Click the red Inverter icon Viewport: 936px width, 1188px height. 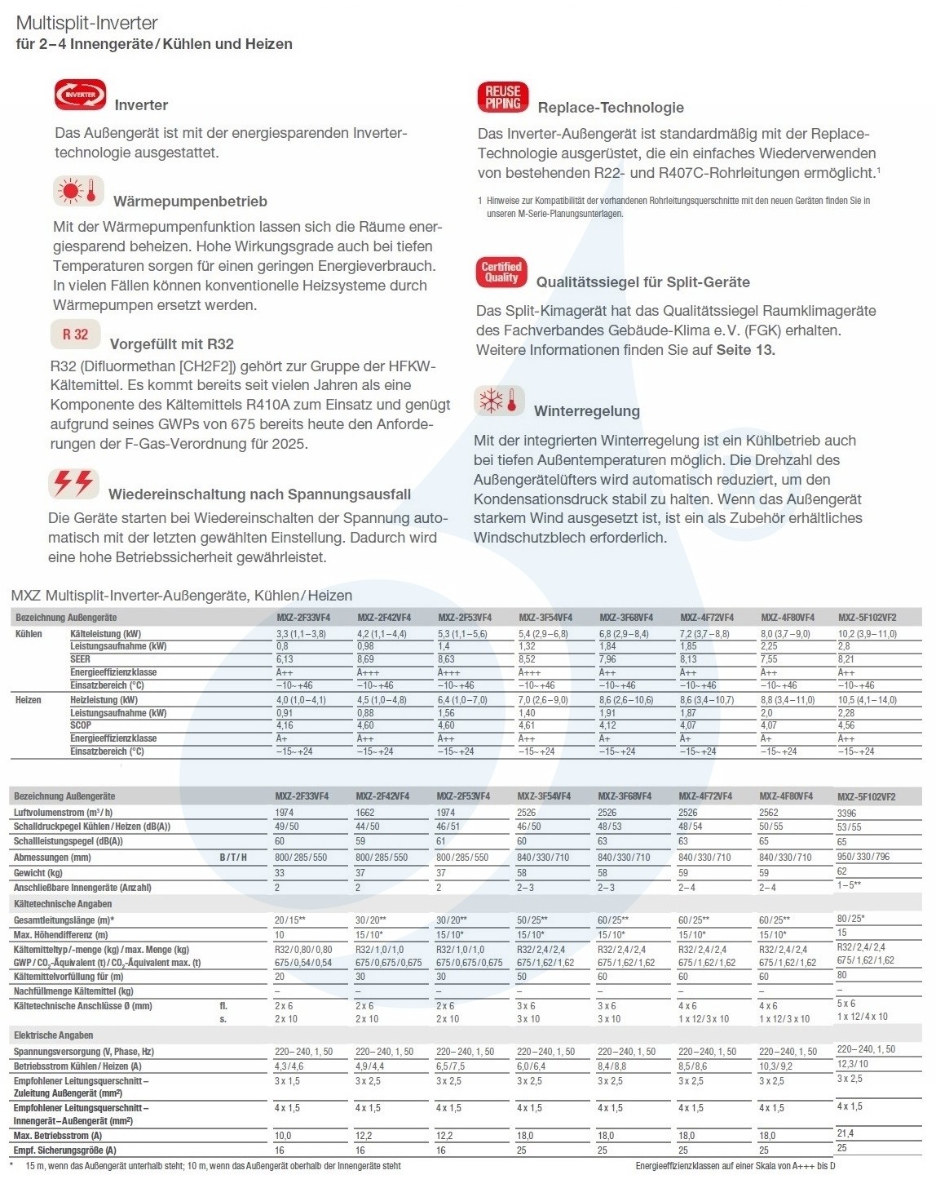(x=80, y=95)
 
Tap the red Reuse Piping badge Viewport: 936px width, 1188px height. (x=503, y=98)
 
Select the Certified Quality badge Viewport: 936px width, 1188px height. (x=501, y=273)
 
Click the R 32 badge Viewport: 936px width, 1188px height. (x=75, y=334)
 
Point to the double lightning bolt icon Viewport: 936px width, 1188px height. (x=73, y=484)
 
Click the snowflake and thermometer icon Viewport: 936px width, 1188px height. (x=499, y=401)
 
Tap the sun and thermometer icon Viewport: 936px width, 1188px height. (x=79, y=191)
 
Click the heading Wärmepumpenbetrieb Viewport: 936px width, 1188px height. (x=190, y=202)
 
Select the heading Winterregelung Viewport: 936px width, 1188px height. (x=586, y=411)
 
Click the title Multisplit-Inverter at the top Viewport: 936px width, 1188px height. (x=87, y=23)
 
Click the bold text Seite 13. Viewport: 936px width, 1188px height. (x=745, y=350)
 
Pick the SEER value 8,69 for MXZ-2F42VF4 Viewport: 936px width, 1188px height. (x=365, y=659)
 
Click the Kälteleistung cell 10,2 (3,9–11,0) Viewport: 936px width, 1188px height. (x=867, y=634)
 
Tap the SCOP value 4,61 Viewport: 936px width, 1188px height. (x=527, y=725)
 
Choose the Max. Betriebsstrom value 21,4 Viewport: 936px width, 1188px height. (x=845, y=1133)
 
